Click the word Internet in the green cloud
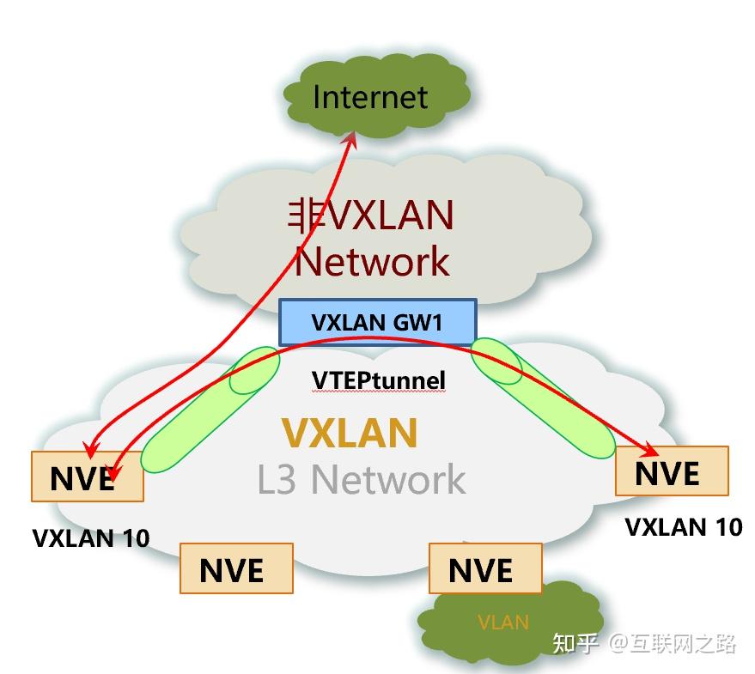(x=369, y=96)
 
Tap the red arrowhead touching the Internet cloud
(x=352, y=137)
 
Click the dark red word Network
(x=371, y=260)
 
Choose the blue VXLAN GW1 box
(x=377, y=322)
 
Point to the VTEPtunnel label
(x=378, y=379)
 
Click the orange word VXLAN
(x=350, y=433)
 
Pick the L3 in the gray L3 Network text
(x=277, y=480)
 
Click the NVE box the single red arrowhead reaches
(x=672, y=471)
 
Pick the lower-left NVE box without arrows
(x=236, y=568)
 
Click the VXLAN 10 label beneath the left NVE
(x=90, y=538)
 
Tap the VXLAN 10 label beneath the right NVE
(x=683, y=526)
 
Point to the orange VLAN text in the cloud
(x=502, y=622)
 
